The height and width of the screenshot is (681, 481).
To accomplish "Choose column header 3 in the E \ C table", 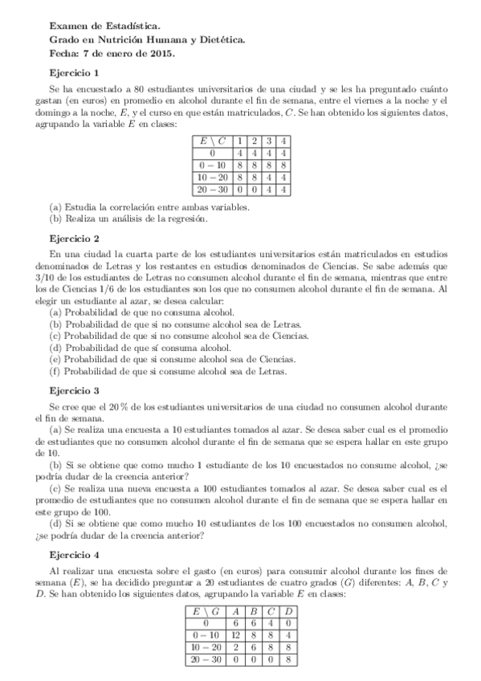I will (x=269, y=141).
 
